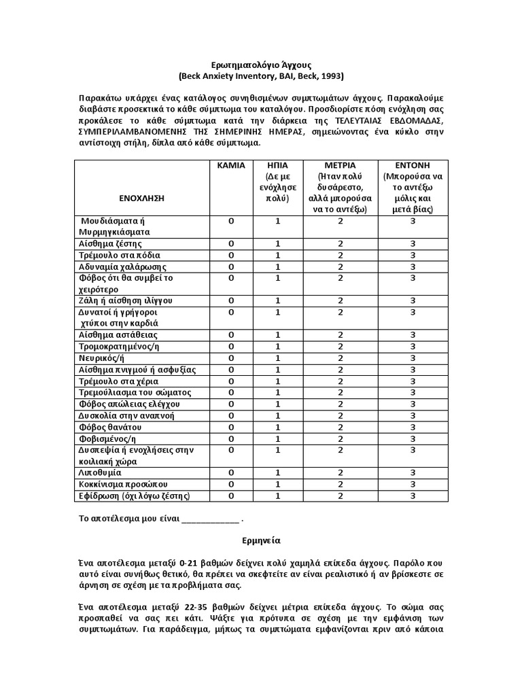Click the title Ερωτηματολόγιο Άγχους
point(260,65)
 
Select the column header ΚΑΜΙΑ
point(230,165)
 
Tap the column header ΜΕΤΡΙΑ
point(341,165)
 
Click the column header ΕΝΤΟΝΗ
point(413,165)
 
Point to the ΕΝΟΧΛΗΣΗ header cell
point(141,198)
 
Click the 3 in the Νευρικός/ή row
point(413,358)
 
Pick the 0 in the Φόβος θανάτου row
point(230,427)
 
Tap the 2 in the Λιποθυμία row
point(341,472)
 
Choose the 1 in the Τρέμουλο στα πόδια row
point(277,255)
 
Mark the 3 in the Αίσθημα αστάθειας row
point(413,335)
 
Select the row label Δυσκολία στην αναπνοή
point(124,415)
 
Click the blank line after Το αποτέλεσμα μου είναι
point(211,519)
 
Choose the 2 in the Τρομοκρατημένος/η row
point(341,347)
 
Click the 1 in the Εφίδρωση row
point(277,495)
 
